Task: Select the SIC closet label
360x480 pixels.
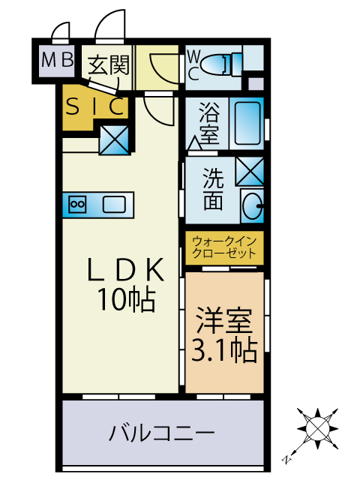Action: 94,107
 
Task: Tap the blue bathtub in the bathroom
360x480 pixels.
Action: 247,123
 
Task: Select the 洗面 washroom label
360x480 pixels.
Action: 214,190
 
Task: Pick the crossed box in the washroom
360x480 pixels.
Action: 249,171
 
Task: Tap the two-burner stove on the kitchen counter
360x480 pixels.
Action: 77,203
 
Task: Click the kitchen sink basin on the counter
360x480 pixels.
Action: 113,203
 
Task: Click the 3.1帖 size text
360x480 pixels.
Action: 224,349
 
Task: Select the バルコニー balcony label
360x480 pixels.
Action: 162,433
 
